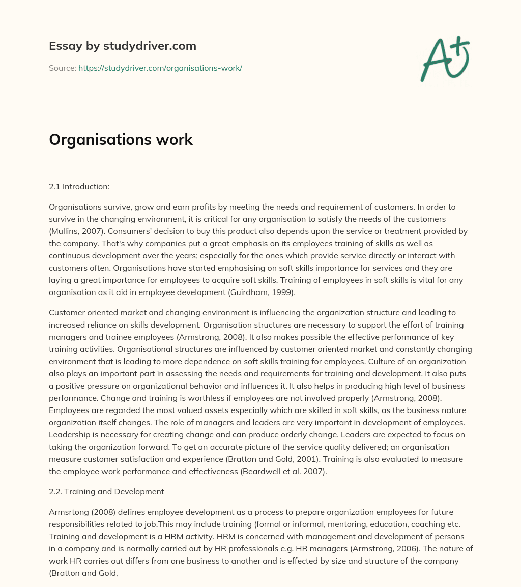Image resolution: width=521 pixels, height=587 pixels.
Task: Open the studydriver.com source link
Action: (160, 68)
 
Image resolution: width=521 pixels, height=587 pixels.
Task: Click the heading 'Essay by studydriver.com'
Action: (122, 46)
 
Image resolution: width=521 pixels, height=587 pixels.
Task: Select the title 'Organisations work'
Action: (121, 140)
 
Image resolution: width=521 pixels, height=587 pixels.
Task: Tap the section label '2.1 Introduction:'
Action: (79, 187)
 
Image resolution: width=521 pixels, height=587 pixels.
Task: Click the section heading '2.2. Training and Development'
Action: (106, 491)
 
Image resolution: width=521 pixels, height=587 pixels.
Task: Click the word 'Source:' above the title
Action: (62, 68)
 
